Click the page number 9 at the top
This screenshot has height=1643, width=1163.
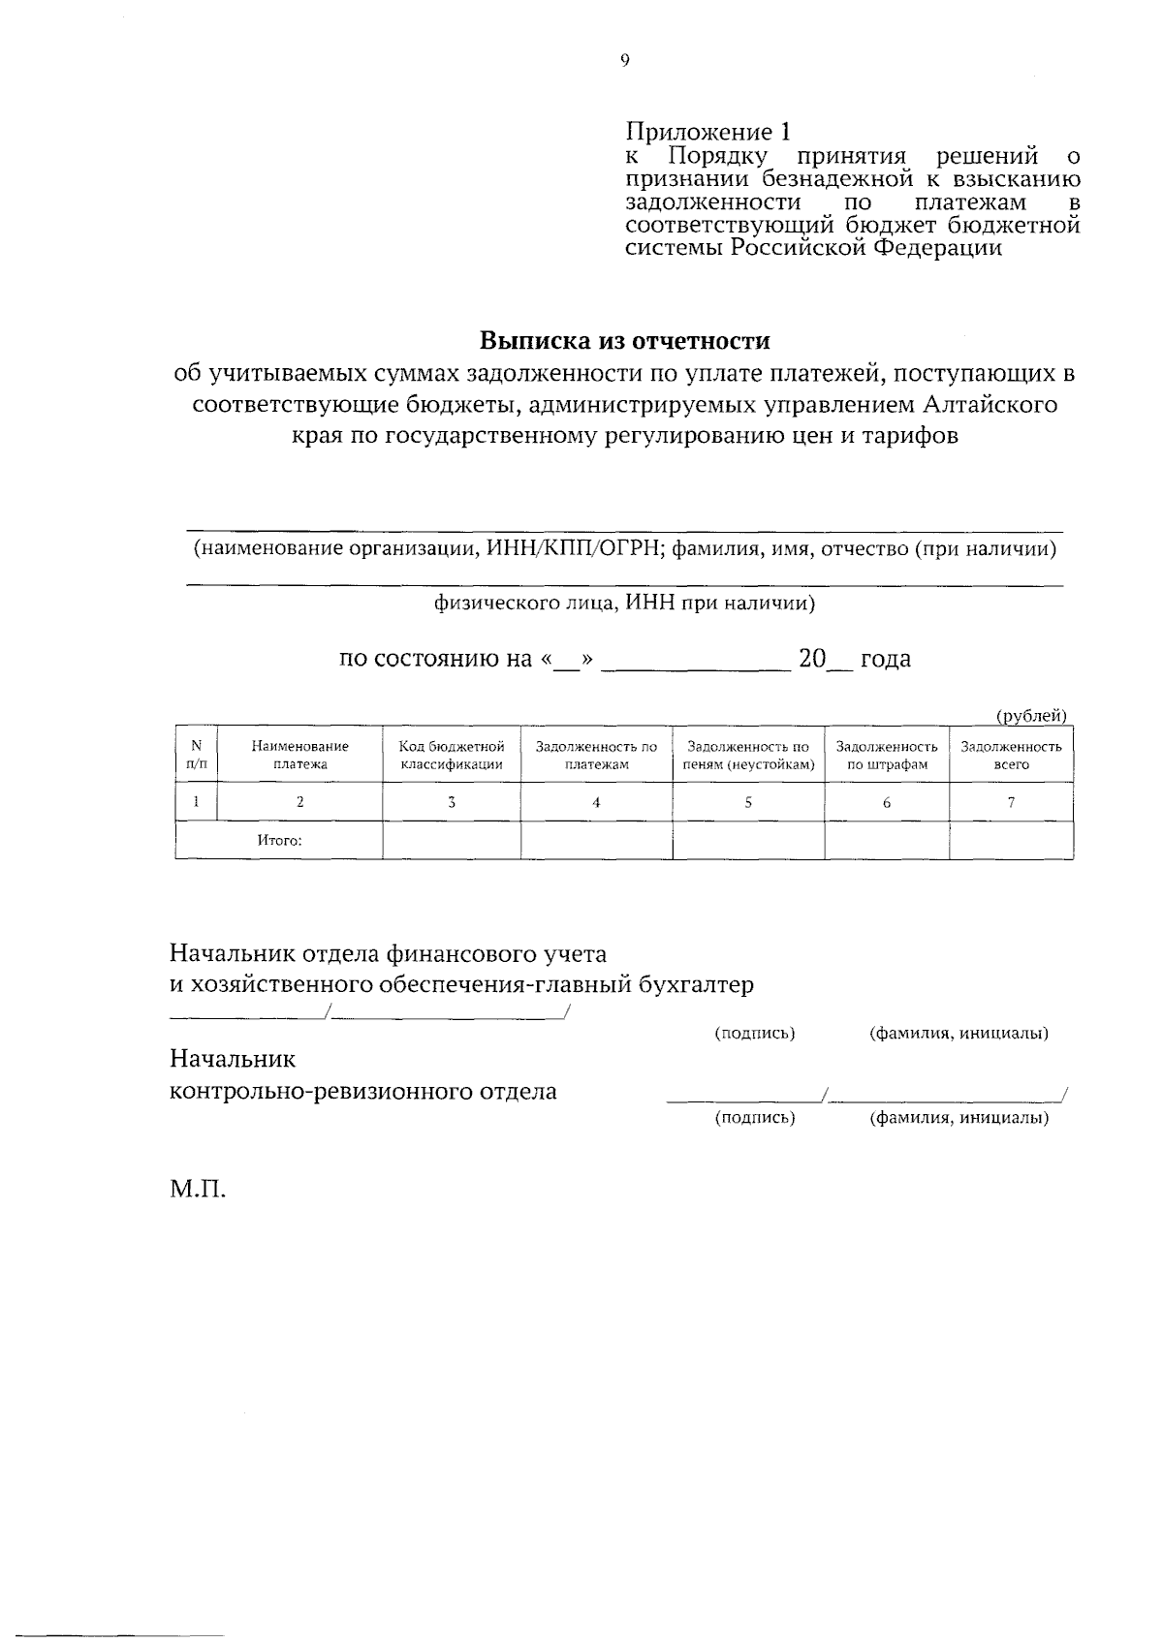pos(624,60)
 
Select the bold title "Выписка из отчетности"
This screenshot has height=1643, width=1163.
pos(625,341)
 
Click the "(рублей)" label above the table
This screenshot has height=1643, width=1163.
pos(1032,716)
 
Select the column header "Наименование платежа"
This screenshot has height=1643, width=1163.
pos(299,755)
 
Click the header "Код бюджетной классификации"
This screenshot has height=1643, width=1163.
pos(452,755)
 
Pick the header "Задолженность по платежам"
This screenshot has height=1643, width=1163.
pos(596,755)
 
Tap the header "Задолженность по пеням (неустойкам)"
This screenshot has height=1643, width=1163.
pos(748,755)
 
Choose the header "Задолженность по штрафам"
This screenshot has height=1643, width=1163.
pos(887,755)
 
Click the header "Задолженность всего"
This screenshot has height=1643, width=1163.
pos(1011,755)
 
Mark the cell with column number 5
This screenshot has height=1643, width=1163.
pos(748,802)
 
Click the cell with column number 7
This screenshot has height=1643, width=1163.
pos(1011,802)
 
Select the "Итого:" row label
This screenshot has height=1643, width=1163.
pos(279,841)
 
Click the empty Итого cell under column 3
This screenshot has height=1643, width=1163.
pos(452,841)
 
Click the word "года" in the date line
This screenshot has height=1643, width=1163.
pos(885,660)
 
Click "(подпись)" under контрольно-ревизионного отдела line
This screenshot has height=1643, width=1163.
pos(754,1118)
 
